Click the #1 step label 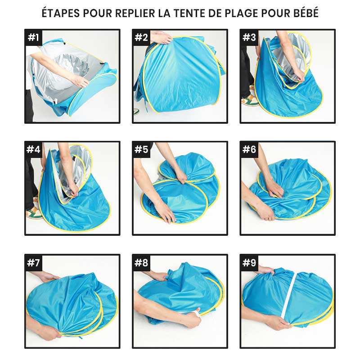tap(33, 38)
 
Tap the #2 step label tap(141, 38)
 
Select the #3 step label tap(249, 38)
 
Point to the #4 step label tap(33, 150)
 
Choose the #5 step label tap(141, 150)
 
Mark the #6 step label tap(249, 150)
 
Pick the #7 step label tap(33, 263)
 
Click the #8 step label tap(141, 263)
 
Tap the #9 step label tap(249, 263)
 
